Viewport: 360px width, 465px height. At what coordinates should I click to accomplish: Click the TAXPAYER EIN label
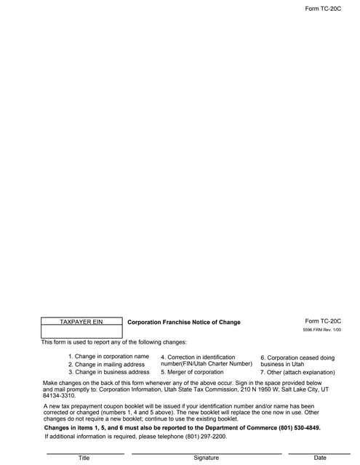pyautogui.click(x=81, y=321)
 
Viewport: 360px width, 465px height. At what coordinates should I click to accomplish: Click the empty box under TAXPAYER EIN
pyautogui.click(x=81, y=331)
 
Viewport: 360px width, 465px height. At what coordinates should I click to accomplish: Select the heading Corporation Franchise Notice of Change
pyautogui.click(x=184, y=322)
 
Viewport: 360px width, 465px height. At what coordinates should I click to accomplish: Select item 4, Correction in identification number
pyautogui.click(x=206, y=360)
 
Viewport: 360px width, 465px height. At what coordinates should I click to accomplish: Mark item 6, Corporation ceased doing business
pyautogui.click(x=297, y=361)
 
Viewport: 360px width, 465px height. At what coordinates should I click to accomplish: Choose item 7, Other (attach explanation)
pyautogui.click(x=297, y=372)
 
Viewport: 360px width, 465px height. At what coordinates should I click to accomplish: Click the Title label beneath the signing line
pyautogui.click(x=84, y=458)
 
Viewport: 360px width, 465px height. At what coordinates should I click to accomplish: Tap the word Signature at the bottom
pyautogui.click(x=206, y=458)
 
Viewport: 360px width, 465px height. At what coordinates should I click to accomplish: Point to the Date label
pyautogui.click(x=320, y=458)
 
